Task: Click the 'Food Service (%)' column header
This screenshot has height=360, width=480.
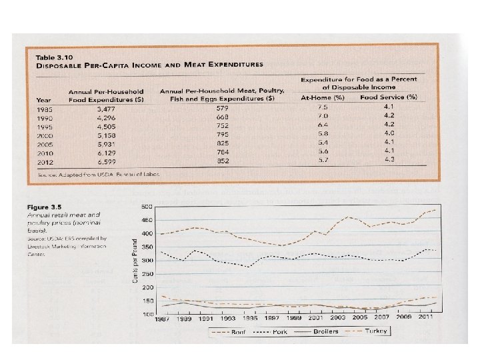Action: (x=389, y=97)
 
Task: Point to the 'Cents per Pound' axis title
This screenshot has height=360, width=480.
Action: (x=135, y=259)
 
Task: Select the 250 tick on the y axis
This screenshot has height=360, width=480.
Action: (x=147, y=274)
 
